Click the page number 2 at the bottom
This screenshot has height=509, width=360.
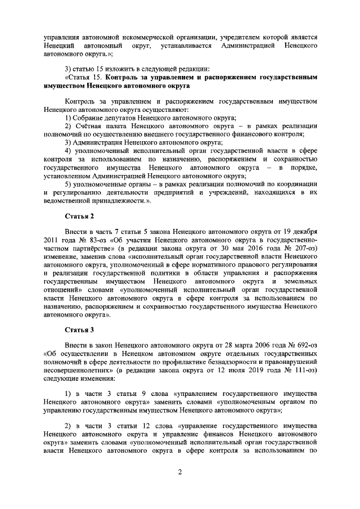[180, 479]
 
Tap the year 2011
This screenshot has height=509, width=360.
[52, 243]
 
